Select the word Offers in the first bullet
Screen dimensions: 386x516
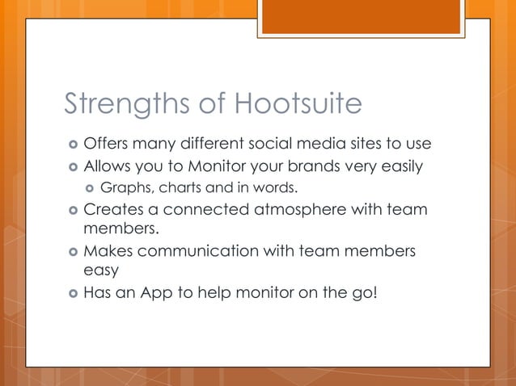coord(108,144)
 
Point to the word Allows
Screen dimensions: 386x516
coord(109,166)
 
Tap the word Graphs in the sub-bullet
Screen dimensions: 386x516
coord(126,189)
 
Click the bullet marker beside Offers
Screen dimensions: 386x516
coord(72,145)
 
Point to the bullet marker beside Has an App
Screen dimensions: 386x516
coord(72,293)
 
